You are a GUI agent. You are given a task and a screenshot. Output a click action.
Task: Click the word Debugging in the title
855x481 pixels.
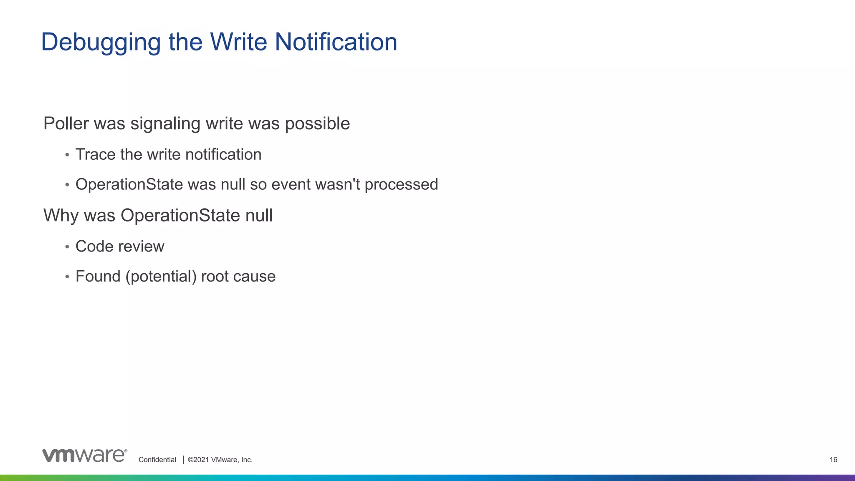(x=101, y=43)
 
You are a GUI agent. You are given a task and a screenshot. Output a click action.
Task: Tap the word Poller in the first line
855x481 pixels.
(x=66, y=123)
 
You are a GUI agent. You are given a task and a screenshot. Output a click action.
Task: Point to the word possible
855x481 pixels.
(x=317, y=124)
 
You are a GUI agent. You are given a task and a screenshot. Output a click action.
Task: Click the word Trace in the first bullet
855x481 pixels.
(x=95, y=154)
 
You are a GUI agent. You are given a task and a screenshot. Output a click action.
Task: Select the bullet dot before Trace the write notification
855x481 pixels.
(x=67, y=155)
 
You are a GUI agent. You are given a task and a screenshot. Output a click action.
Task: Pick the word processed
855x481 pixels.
(x=401, y=185)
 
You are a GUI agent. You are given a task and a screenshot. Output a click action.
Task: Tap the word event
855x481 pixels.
(x=291, y=184)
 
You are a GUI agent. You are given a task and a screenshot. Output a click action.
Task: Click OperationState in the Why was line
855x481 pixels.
(x=180, y=216)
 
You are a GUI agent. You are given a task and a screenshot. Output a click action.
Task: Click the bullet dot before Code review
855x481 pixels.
(x=67, y=247)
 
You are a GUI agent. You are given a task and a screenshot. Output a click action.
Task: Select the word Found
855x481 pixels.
(x=98, y=276)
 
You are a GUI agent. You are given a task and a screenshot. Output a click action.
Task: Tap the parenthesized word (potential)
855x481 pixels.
(x=161, y=277)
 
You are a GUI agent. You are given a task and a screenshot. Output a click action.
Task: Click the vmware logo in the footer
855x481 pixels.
(x=84, y=456)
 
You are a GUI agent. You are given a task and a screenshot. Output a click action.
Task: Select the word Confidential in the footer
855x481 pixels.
(x=157, y=460)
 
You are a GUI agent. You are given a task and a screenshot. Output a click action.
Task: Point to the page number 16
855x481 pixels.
(x=833, y=460)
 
